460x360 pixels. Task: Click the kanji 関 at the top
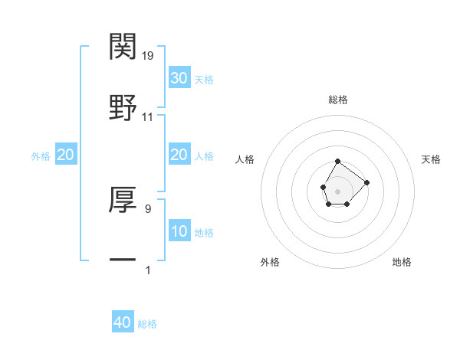pos(123,47)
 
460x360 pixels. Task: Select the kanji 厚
pos(123,200)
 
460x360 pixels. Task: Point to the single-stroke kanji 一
pos(123,258)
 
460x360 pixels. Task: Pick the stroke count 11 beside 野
pos(148,117)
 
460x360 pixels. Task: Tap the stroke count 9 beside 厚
pos(148,207)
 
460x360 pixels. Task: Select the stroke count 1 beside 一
pos(148,270)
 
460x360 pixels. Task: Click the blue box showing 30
pos(179,78)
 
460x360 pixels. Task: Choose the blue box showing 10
pos(179,231)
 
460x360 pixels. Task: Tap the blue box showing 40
pos(123,322)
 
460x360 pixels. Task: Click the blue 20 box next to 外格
pos(66,155)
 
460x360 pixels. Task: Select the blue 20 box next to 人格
pos(179,155)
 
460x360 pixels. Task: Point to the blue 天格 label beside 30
pos(204,80)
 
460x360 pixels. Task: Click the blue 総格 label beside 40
pos(147,324)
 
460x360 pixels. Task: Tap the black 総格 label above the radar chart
pos(338,100)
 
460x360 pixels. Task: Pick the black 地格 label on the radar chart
pos(402,262)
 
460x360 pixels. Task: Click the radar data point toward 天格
pos(366,182)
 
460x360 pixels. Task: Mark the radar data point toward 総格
pos(337,162)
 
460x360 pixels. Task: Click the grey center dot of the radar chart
pos(337,190)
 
